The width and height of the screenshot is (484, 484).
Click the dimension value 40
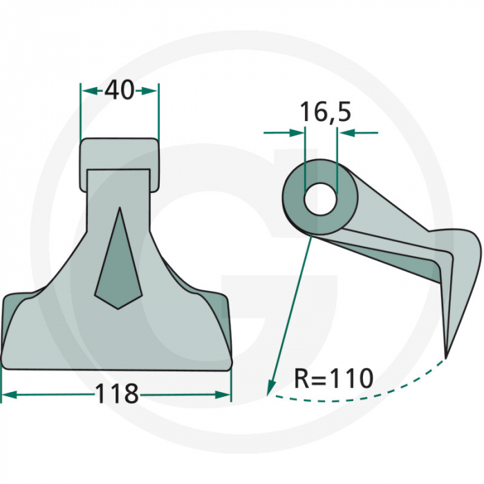coord(119,91)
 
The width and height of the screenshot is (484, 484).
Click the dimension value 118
coord(116,394)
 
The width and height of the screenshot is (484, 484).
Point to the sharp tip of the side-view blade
coord(446,355)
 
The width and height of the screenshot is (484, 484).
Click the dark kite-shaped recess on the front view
coord(118,266)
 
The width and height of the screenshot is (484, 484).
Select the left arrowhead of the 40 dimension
coord(86,91)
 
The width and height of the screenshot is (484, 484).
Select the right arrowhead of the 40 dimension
coord(153,91)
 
